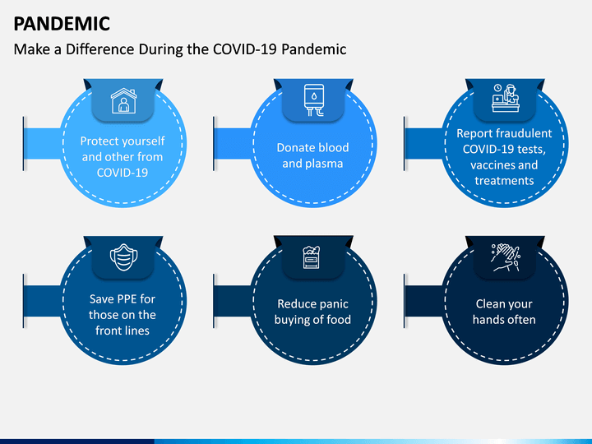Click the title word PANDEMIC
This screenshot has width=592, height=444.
tap(61, 23)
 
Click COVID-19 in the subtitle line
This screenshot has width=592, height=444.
tap(245, 49)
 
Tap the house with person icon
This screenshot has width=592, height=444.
tap(123, 101)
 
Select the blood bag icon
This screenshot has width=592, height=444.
tap(314, 100)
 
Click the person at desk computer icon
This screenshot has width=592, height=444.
tap(503, 99)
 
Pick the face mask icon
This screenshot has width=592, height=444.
tap(123, 257)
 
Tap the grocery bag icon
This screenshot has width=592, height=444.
tap(314, 258)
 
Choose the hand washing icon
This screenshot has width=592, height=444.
tap(504, 257)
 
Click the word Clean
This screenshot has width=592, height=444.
tap(491, 304)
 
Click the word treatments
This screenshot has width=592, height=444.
tap(504, 180)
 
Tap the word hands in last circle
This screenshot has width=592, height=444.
tap(490, 320)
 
